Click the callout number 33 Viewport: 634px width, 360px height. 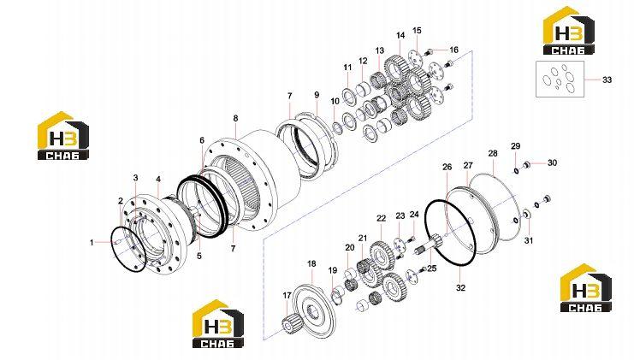607,80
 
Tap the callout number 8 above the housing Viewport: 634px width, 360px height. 236,118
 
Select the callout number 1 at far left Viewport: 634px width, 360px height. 92,243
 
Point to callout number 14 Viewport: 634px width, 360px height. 400,36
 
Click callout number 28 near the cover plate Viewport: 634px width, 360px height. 493,154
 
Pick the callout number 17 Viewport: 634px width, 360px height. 287,296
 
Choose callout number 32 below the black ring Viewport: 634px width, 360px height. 460,287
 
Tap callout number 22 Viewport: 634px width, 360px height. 382,218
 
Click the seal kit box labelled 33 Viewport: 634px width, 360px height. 560,80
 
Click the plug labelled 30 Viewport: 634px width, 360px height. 526,164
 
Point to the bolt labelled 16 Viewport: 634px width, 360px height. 429,51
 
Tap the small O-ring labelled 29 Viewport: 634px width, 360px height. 516,170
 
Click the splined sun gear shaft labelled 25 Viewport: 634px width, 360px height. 430,245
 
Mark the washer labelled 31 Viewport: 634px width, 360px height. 527,214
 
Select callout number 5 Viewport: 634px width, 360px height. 199,256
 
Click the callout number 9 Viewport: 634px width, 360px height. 317,95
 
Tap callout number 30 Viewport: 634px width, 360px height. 552,162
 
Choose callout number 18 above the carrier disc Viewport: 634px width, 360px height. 311,264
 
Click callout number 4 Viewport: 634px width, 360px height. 158,179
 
